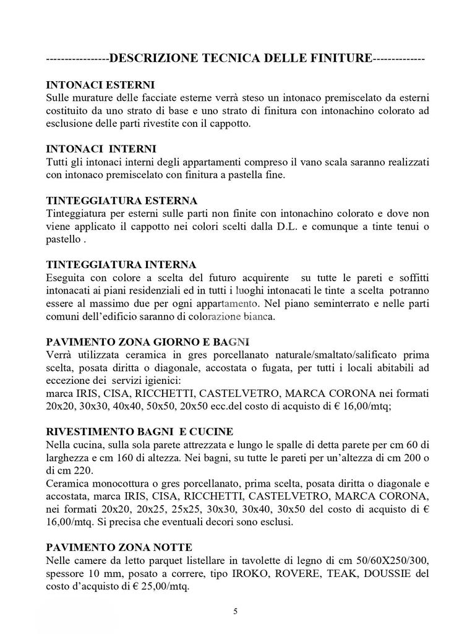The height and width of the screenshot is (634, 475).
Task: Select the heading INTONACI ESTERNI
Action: click(100, 84)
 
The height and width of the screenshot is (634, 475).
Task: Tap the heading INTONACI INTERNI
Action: click(101, 149)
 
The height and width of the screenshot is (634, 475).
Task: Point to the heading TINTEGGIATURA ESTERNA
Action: click(122, 201)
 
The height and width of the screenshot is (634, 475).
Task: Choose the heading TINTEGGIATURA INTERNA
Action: click(121, 265)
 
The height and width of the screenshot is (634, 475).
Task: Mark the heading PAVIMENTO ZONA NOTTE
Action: click(119, 547)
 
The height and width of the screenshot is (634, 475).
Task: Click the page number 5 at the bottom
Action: click(235, 612)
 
